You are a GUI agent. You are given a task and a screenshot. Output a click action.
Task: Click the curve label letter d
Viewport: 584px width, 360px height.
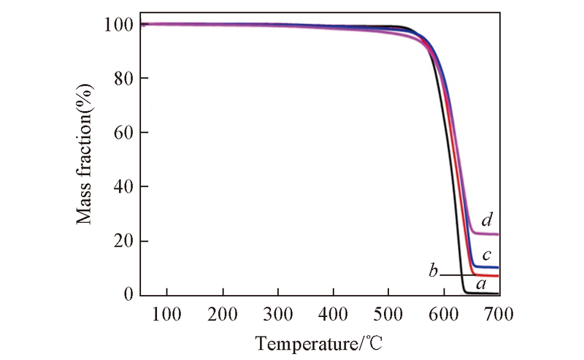pos(487,220)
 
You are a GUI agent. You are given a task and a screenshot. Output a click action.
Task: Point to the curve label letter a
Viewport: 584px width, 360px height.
pos(480,283)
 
